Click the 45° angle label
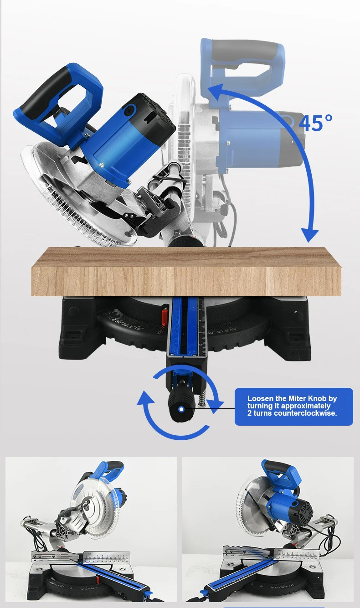315,122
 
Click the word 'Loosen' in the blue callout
262,398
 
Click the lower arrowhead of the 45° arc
310,235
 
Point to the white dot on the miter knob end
181,409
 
